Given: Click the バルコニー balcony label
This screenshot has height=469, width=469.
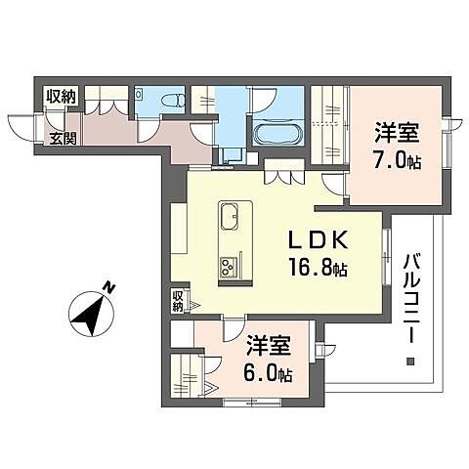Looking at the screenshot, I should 408,293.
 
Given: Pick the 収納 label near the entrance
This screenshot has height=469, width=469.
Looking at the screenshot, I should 61,97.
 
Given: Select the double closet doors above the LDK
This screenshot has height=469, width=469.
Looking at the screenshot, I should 280,178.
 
